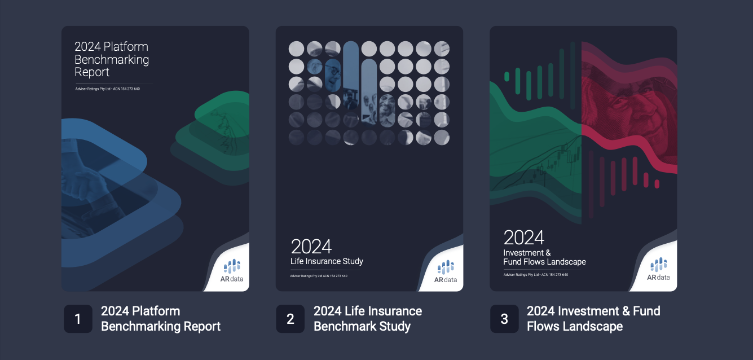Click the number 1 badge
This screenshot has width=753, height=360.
coord(78,319)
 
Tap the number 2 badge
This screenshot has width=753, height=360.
coord(290,319)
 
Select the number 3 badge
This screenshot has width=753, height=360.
coord(504,319)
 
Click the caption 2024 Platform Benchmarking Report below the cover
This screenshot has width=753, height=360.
coord(160,319)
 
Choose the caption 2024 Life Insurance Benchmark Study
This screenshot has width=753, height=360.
coord(367,319)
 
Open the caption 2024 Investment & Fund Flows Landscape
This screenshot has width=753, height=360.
coord(593,319)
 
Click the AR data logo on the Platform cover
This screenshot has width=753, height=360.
coord(231,270)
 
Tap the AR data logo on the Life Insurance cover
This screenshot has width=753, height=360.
coord(446,271)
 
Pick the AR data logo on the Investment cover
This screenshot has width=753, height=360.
coord(658,269)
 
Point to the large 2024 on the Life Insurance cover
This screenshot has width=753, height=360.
coord(311,247)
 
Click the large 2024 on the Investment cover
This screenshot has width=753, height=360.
coord(524,238)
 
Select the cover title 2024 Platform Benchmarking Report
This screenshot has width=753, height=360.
coord(112,59)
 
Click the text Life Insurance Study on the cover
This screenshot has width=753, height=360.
coord(327,261)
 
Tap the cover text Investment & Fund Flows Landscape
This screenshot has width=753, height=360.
coord(544,257)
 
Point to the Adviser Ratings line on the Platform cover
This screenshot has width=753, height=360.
coord(107,89)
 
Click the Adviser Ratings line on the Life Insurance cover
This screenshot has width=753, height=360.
coord(319,276)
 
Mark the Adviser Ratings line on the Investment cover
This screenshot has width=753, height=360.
coord(536,275)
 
